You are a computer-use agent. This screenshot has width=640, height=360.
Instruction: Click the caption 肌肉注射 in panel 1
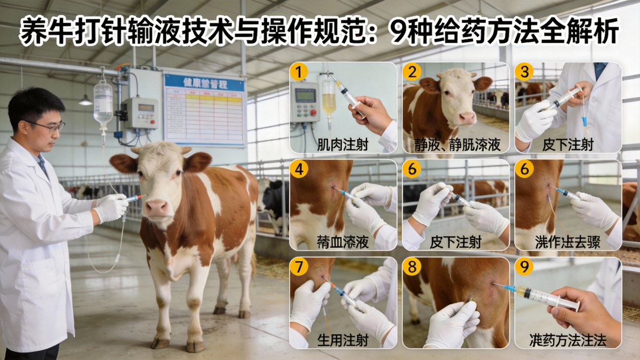click(342, 145)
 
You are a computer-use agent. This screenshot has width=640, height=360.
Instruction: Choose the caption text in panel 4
click(342, 243)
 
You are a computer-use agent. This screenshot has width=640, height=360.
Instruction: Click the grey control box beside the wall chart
click(140, 112)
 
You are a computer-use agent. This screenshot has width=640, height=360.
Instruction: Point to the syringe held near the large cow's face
click(134, 198)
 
